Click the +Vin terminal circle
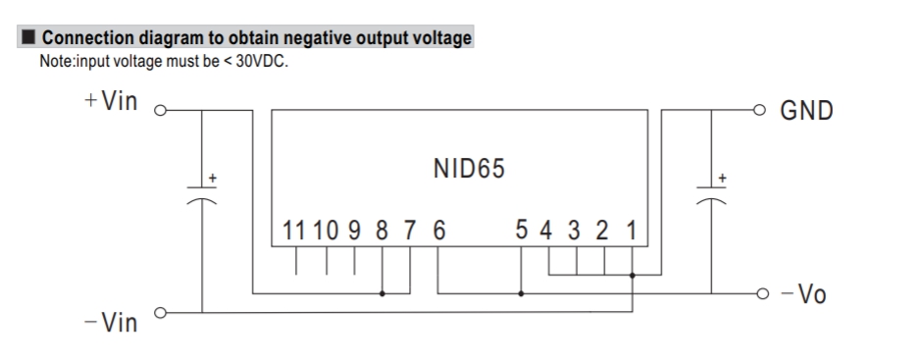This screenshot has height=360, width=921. pos(160,111)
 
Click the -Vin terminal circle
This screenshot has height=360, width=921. pos(160,313)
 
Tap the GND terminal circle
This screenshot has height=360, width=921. pos(759,110)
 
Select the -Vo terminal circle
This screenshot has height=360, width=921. pos(762,293)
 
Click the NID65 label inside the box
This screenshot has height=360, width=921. pos(469,169)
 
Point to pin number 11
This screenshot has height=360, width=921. pos(293,231)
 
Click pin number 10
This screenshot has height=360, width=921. pos(326,231)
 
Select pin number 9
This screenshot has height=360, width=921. pos(354,231)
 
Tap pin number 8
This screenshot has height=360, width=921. pos(382,231)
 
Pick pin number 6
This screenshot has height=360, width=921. pos(438,231)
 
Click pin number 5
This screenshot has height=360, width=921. pos(521,230)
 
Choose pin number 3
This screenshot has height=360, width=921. pos(574,231)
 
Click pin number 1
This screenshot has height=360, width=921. pos(632,231)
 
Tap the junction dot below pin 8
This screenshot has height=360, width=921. pos(382,293)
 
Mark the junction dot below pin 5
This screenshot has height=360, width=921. pos(521,293)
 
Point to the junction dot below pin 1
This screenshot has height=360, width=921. pos(632,275)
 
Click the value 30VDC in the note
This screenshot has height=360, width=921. pos(261,61)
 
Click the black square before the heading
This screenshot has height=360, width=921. pos(28,37)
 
